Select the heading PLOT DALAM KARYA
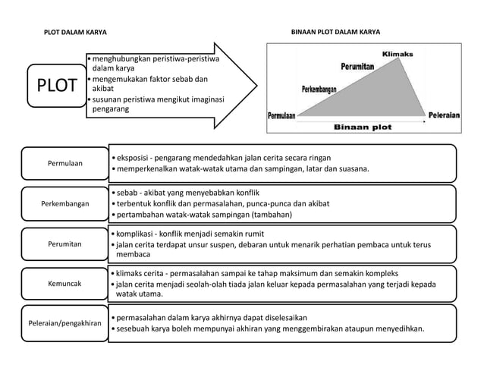coord(75,33)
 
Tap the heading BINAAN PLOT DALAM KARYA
coord(336,33)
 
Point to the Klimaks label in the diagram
coord(397,55)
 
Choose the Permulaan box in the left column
coord(65,163)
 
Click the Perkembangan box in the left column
coord(65,204)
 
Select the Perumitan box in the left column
coord(65,244)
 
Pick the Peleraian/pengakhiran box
coord(65,323)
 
